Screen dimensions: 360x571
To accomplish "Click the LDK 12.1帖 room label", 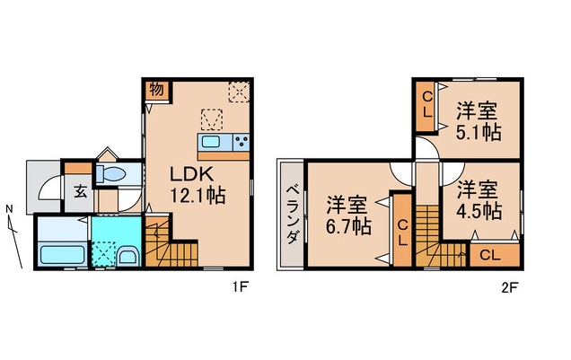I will pos(192,182).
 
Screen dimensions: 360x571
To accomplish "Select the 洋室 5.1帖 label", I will pos(476,122).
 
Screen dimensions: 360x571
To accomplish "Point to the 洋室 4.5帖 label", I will pos(476,200).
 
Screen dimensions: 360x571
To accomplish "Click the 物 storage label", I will pos(154,91).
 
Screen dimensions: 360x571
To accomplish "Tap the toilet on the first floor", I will pos(113,173).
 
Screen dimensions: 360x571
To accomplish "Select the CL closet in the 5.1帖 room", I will pos(427,105).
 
